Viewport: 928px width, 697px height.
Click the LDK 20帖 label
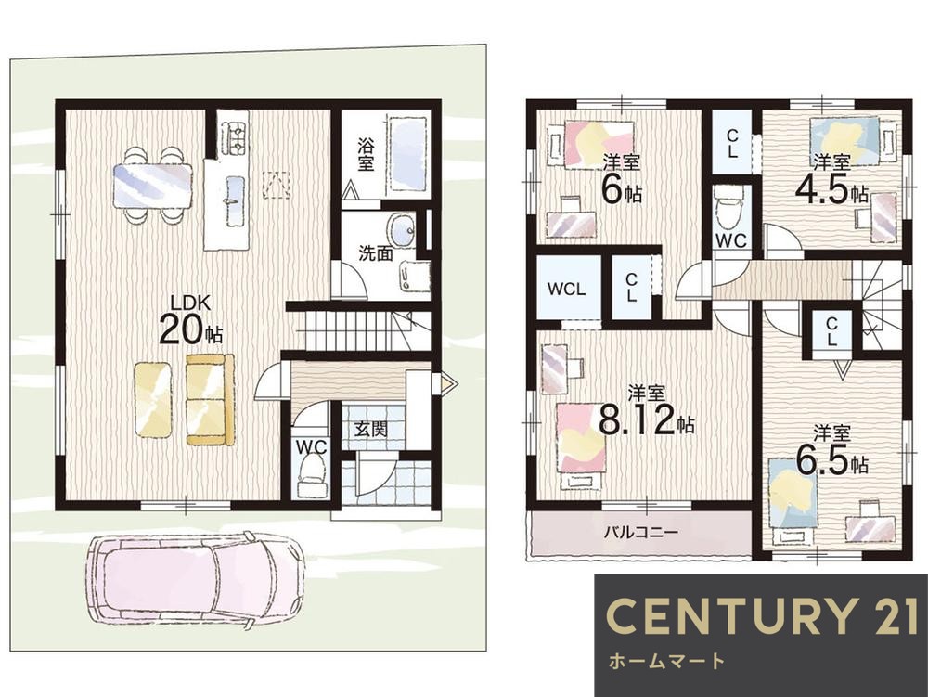pyautogui.click(x=190, y=319)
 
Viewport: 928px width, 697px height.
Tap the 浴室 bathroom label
pyautogui.click(x=367, y=154)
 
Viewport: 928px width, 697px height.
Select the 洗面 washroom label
pyautogui.click(x=376, y=253)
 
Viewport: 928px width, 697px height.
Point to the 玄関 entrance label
pyautogui.click(x=371, y=429)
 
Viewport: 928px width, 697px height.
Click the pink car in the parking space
pyautogui.click(x=195, y=580)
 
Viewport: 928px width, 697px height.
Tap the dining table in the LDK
pyautogui.click(x=153, y=186)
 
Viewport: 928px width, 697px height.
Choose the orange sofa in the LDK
pyautogui.click(x=210, y=399)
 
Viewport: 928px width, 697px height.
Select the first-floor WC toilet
pyautogui.click(x=312, y=476)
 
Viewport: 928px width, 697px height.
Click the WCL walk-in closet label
pyautogui.click(x=566, y=290)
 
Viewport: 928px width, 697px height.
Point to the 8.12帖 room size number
pyautogui.click(x=646, y=419)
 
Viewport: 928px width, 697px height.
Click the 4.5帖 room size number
pyautogui.click(x=831, y=189)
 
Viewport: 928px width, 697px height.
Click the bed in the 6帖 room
pyautogui.click(x=599, y=145)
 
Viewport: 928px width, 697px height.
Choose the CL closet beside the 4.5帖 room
pyautogui.click(x=732, y=143)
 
